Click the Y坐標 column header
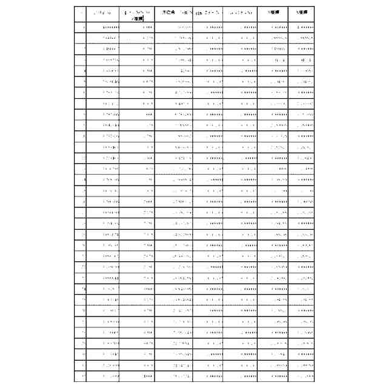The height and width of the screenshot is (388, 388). (301, 13)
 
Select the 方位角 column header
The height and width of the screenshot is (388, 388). (174, 13)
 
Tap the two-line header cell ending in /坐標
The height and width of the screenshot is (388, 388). (137, 15)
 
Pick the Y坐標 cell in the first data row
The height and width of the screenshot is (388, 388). (301, 28)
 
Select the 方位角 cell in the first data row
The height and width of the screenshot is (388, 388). (174, 28)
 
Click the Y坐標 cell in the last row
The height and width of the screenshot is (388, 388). (301, 376)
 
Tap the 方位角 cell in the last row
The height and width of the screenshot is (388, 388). (174, 376)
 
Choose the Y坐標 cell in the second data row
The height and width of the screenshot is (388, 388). (301, 38)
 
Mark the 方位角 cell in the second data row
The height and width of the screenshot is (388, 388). (174, 38)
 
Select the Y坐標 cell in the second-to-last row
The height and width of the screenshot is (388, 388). (301, 366)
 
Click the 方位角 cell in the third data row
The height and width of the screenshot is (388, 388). (174, 49)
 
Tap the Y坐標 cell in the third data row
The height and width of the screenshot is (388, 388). (301, 49)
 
